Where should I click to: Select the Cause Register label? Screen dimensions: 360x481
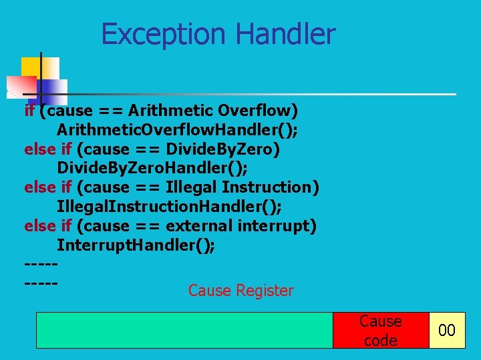pos(240,291)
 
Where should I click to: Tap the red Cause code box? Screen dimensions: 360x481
pos(381,330)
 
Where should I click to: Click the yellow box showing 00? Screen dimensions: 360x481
pos(446,330)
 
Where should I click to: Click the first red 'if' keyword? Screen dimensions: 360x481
pos(29,109)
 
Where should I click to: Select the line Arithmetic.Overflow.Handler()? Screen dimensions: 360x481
pos(177,129)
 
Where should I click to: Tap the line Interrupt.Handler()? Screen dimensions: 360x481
pos(136,245)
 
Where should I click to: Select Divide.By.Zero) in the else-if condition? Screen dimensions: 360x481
pos(223,149)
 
